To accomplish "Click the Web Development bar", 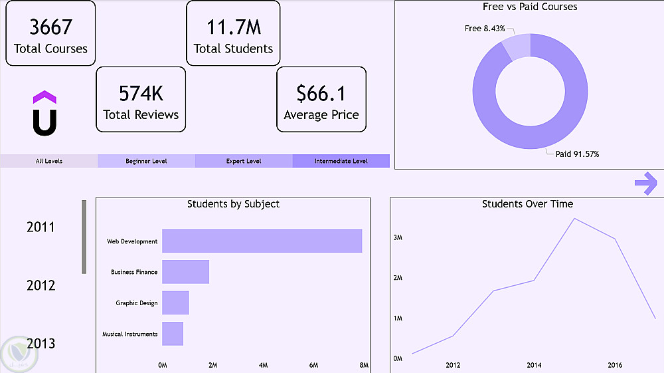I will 262,241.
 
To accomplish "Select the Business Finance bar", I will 185,272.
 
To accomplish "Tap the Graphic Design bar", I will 175,303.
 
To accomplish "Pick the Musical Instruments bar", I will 172,334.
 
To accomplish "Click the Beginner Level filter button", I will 146,161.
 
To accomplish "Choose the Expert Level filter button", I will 244,161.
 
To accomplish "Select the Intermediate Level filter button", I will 341,161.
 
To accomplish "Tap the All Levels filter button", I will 49,161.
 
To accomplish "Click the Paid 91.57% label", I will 577,154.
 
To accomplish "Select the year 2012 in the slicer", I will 41,286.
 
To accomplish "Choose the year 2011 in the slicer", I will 41,227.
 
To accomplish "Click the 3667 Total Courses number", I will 50,27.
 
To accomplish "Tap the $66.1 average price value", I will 321,94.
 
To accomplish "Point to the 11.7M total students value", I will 233,28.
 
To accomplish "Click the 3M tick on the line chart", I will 398,237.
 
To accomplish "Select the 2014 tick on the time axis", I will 534,365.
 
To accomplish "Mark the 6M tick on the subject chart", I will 313,365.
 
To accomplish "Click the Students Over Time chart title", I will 527,204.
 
